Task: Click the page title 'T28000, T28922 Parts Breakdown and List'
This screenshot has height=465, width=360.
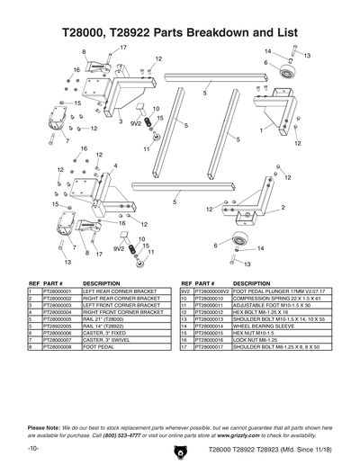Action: coord(180,31)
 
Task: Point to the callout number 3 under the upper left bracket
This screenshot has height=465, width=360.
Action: coord(120,121)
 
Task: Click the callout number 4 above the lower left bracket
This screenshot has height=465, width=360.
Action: coord(115,165)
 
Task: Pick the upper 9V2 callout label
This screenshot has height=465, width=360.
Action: coord(136,121)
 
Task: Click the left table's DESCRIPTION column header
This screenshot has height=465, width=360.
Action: coord(101,282)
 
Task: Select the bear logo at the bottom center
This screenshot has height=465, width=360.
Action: coord(180,447)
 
